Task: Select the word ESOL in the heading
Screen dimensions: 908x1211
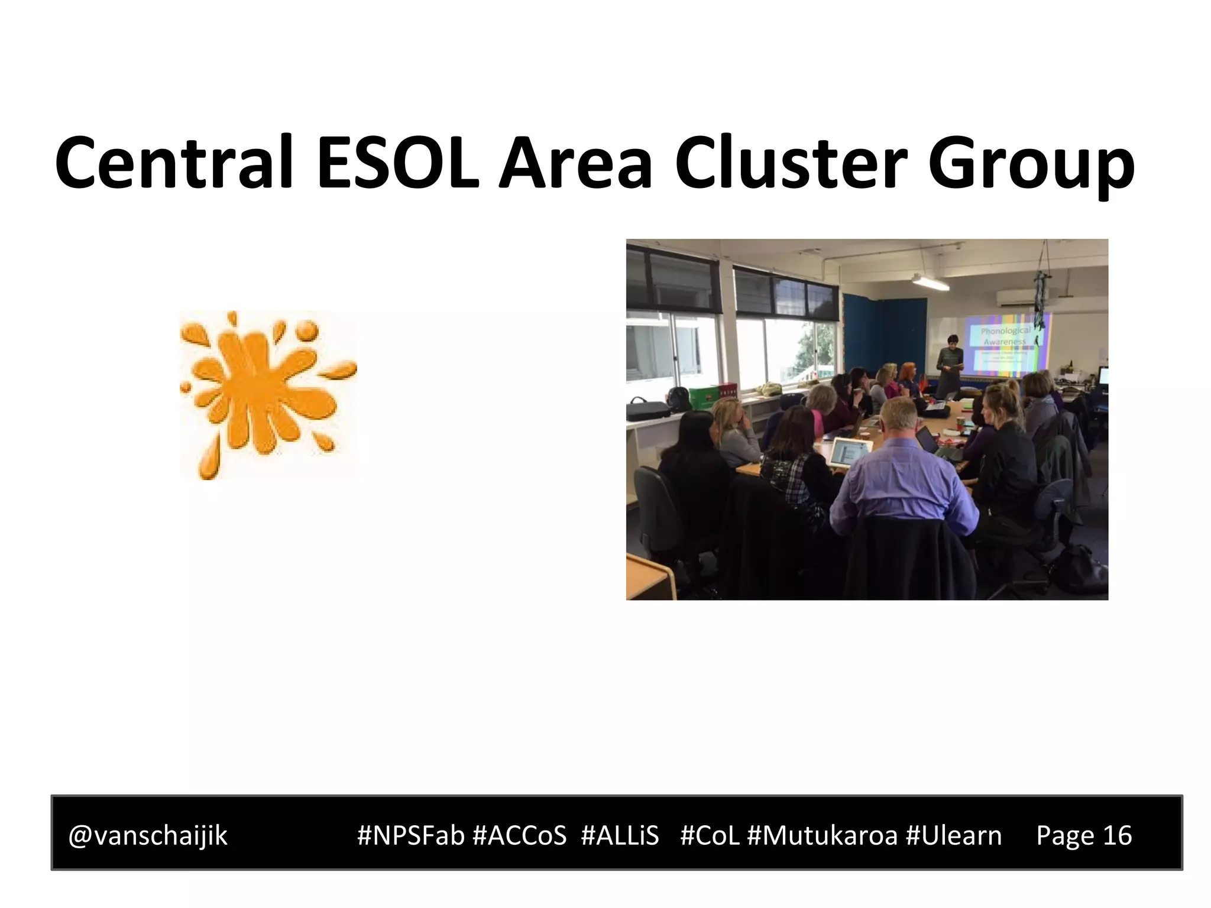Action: click(x=398, y=163)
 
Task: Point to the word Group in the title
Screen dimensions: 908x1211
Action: click(x=1031, y=166)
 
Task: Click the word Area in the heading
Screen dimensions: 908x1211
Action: click(x=575, y=163)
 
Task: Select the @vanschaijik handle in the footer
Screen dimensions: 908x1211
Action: click(x=148, y=835)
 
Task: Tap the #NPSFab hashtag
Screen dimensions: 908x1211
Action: click(x=410, y=835)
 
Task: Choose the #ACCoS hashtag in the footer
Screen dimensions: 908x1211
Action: click(x=519, y=835)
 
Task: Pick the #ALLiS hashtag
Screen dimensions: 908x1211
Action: click(x=620, y=835)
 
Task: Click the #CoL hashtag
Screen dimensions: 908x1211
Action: click(x=710, y=835)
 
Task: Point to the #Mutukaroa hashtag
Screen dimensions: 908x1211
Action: click(x=822, y=835)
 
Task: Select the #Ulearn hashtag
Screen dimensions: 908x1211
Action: click(x=954, y=835)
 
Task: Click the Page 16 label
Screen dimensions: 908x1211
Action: click(x=1084, y=835)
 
